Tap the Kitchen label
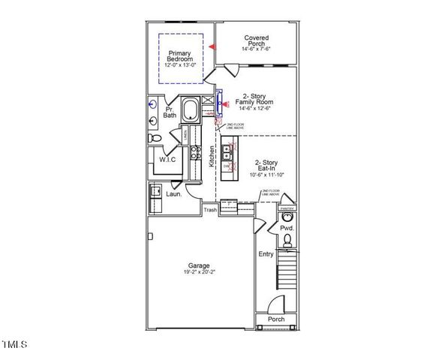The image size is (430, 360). tap(212, 156)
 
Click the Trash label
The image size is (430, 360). tap(210, 210)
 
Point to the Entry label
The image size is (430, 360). tap(266, 254)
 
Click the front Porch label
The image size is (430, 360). tap(276, 319)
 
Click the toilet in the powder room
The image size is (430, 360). tap(287, 241)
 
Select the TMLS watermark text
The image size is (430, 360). tap(14, 346)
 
